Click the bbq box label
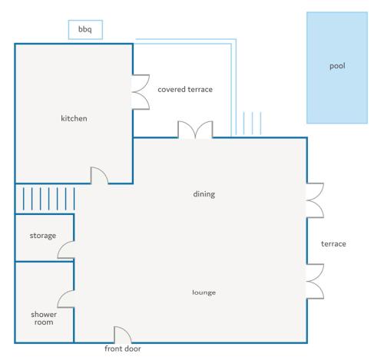pyautogui.click(x=84, y=31)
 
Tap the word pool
pyautogui.click(x=338, y=66)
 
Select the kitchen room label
pyautogui.click(x=74, y=119)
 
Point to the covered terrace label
pyautogui.click(x=185, y=90)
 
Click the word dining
pyautogui.click(x=204, y=194)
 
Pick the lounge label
pyautogui.click(x=204, y=292)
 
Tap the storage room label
pyautogui.click(x=43, y=236)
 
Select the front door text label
pyautogui.click(x=123, y=349)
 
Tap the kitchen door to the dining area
pyautogui.click(x=99, y=176)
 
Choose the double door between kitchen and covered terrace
pyautogui.click(x=141, y=92)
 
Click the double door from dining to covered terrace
pyautogui.click(x=194, y=129)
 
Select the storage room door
pyautogui.click(x=67, y=250)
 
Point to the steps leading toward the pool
pyautogui.click(x=253, y=124)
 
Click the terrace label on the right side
pyautogui.click(x=334, y=244)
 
